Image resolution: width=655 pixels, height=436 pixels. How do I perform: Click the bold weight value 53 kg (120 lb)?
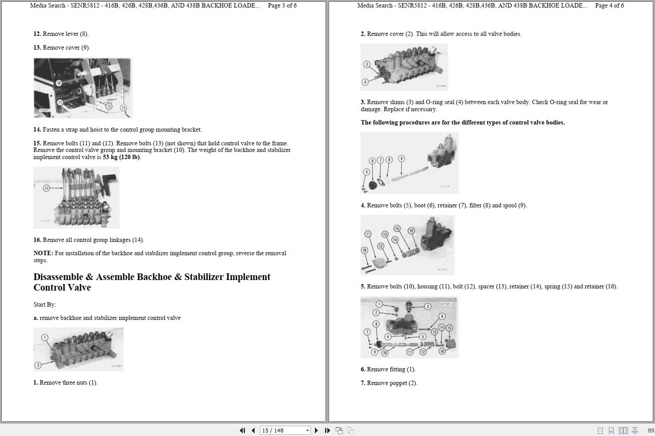pyautogui.click(x=121, y=157)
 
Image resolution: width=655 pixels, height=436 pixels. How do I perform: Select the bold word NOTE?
pyautogui.click(x=43, y=253)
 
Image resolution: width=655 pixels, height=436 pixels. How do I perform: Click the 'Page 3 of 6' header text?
pyautogui.click(x=282, y=6)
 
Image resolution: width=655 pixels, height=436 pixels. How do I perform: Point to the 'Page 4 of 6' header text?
pyautogui.click(x=609, y=6)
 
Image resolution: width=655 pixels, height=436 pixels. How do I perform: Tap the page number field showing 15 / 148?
pyautogui.click(x=285, y=430)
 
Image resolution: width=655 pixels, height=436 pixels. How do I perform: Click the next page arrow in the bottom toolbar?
pyautogui.click(x=316, y=430)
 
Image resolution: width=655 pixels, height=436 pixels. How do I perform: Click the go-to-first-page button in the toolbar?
pyautogui.click(x=242, y=430)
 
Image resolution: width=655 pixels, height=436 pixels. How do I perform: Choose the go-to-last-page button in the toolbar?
pyautogui.click(x=327, y=430)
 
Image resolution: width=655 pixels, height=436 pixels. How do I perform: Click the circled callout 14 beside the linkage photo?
pyautogui.click(x=47, y=188)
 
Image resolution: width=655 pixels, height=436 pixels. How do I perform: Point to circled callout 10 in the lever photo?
pyautogui.click(x=58, y=83)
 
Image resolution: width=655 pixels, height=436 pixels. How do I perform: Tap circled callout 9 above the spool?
pyautogui.click(x=401, y=159)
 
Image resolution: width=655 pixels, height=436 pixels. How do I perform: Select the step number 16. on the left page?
pyautogui.click(x=37, y=240)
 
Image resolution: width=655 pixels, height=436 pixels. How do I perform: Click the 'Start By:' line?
pyautogui.click(x=45, y=305)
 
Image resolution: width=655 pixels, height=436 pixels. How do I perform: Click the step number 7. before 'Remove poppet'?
pyautogui.click(x=363, y=383)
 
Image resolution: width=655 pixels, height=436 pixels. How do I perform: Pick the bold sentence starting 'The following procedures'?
pyautogui.click(x=462, y=123)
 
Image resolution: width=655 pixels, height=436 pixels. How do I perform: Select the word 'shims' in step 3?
pyautogui.click(x=397, y=102)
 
